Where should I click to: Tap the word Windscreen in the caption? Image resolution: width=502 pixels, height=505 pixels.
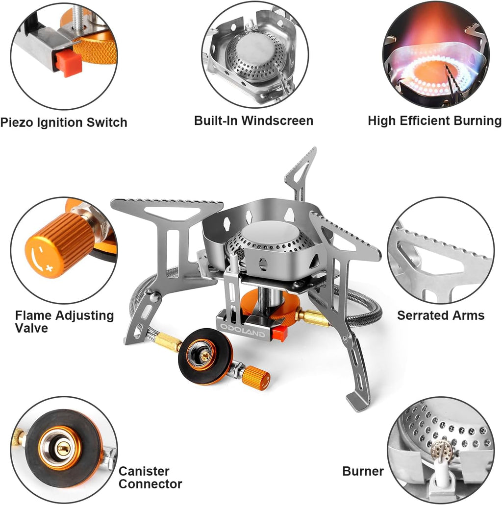pyautogui.click(x=277, y=121)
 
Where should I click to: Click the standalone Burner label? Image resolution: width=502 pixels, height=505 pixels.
pyautogui.click(x=363, y=471)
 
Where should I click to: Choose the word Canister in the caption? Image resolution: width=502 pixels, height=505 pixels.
pyautogui.click(x=144, y=471)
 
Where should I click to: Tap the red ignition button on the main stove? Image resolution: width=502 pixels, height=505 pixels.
pyautogui.click(x=279, y=334)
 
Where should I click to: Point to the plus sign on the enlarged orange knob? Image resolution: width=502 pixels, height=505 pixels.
pyautogui.click(x=50, y=268)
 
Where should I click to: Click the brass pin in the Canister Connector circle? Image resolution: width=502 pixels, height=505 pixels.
pyautogui.click(x=63, y=448)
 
